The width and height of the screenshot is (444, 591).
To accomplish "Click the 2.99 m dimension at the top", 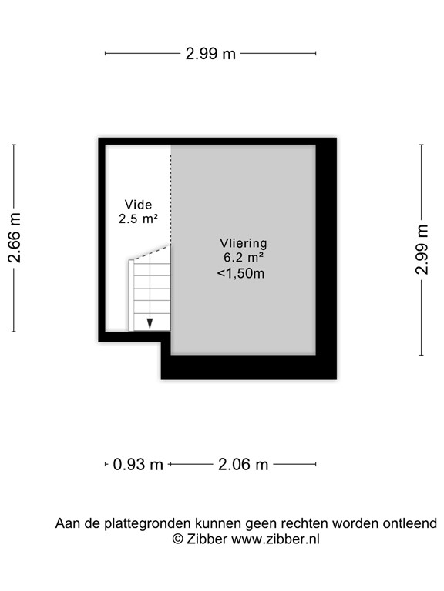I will (210, 53).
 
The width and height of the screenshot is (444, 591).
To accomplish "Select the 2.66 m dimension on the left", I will (15, 239).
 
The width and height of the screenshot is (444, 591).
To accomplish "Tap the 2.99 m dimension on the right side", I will (422, 249).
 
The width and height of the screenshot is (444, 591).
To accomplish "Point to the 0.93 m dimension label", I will (138, 464).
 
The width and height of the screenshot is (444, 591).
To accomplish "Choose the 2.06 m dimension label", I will (243, 464).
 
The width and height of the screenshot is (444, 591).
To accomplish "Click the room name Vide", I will (138, 205).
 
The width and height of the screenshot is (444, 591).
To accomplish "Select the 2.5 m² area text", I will (138, 219).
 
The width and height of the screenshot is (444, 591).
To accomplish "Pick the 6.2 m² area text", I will (242, 259).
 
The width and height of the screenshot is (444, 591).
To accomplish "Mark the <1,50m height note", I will (240, 273).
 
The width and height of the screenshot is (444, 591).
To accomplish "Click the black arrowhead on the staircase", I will (150, 323).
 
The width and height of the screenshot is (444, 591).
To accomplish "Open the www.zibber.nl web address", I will (275, 539).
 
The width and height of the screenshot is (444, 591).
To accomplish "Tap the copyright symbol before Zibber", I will (178, 539).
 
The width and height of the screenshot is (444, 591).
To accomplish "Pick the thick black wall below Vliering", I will (247, 368).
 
